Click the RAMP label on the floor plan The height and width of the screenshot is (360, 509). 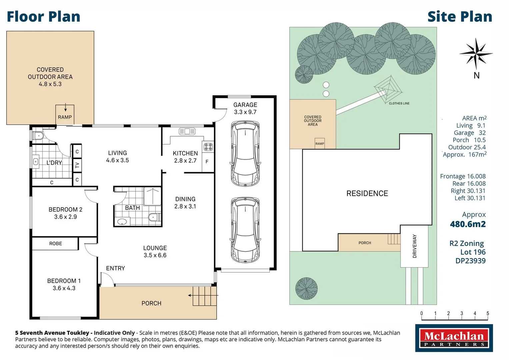[x=65, y=117]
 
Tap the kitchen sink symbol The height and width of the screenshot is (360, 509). [x=187, y=131]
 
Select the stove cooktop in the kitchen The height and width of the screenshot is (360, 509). [x=208, y=146]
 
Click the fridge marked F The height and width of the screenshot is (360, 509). [x=207, y=162]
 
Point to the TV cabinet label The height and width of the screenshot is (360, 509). [x=77, y=165]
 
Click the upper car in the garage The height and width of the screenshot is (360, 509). [x=245, y=154]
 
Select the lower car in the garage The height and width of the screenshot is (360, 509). [x=245, y=230]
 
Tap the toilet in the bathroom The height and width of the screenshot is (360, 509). [x=154, y=217]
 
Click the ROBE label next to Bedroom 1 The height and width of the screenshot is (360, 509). [x=56, y=244]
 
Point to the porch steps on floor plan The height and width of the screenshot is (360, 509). [x=204, y=296]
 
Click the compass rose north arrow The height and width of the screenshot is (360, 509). [x=476, y=53]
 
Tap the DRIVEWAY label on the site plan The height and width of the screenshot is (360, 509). [x=415, y=246]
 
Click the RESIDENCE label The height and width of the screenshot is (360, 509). [x=367, y=194]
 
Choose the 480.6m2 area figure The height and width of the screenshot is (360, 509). [x=468, y=224]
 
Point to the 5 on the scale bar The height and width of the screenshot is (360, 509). [x=488, y=313]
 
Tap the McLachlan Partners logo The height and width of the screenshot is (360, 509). [x=454, y=338]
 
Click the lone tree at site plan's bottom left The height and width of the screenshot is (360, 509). [x=306, y=288]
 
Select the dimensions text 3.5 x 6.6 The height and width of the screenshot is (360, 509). [x=155, y=255]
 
